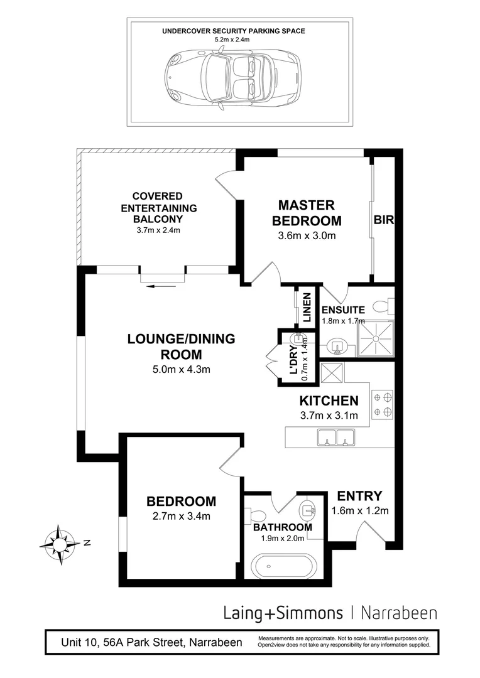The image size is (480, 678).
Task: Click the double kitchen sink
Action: [337, 436]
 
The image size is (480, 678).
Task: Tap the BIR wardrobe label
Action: [383, 220]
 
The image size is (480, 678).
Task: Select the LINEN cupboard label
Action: [307, 307]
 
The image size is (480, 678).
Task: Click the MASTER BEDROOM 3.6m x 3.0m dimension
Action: [307, 237]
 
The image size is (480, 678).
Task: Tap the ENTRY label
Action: [359, 496]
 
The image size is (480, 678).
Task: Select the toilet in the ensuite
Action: [381, 306]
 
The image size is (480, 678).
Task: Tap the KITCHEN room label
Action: [329, 401]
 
